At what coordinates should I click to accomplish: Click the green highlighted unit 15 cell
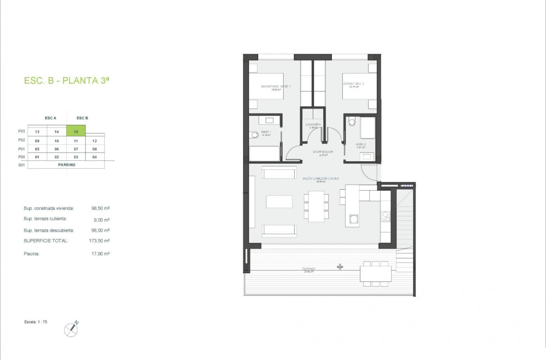click(76, 131)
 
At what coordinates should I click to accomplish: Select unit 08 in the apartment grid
click(95, 149)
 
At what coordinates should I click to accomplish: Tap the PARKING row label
click(67, 165)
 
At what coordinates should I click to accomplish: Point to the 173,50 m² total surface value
click(101, 241)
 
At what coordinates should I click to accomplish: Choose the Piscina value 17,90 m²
click(101, 254)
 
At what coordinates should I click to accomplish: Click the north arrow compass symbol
click(71, 329)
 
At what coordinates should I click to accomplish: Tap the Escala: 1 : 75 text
click(36, 322)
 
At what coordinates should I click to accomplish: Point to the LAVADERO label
click(313, 125)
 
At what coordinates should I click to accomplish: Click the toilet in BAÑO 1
click(254, 135)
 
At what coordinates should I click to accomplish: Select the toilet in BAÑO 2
click(351, 122)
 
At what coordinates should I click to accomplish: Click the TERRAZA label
click(308, 269)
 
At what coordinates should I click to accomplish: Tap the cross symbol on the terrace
click(339, 267)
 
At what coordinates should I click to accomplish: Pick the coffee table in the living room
click(279, 201)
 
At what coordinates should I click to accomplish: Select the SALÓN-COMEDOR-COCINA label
click(320, 179)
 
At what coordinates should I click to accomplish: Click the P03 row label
click(22, 131)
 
